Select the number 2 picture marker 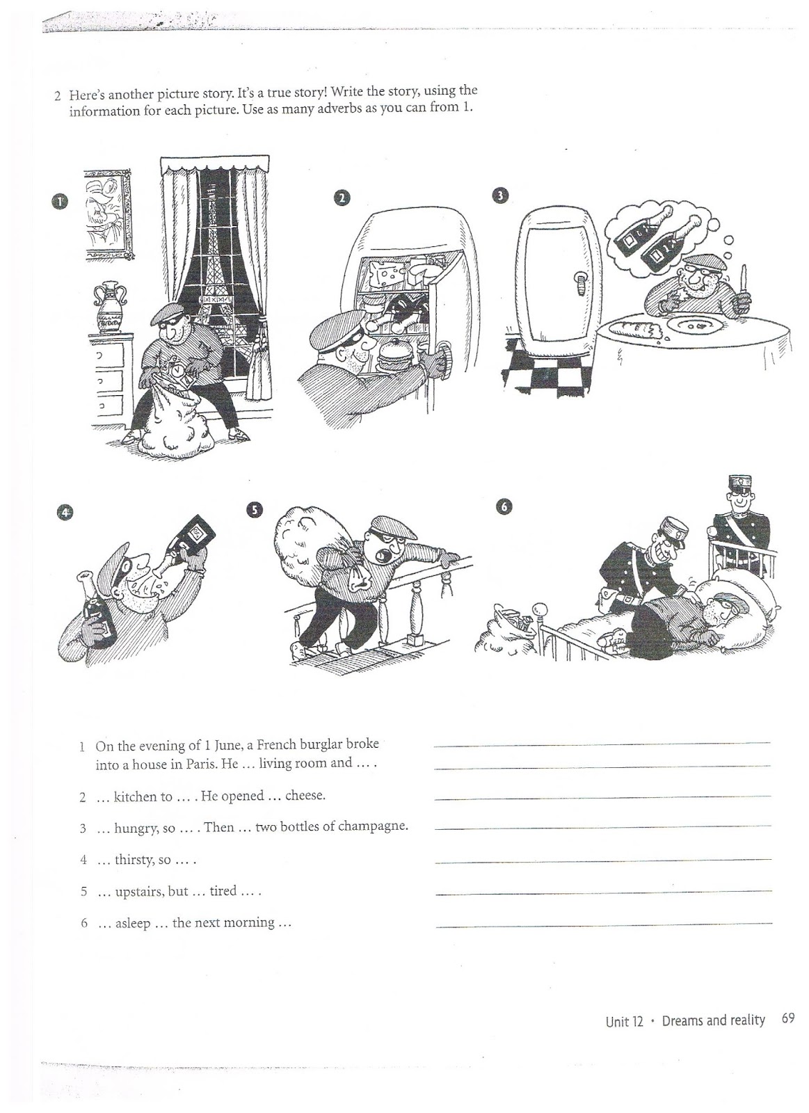click(x=341, y=198)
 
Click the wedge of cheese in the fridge click(x=386, y=275)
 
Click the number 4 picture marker click(x=65, y=513)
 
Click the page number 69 click(x=787, y=1019)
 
